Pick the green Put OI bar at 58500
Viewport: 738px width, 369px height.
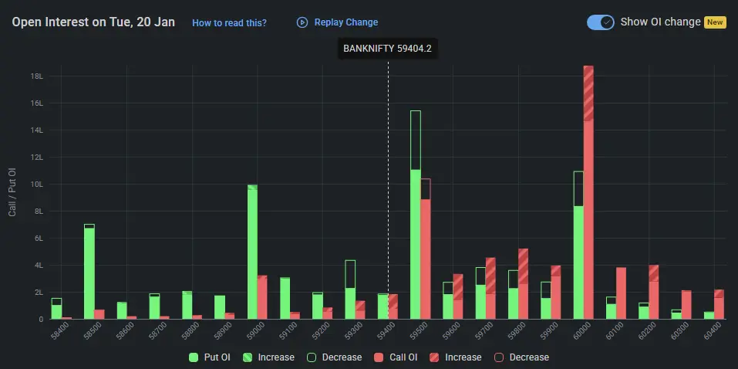click(89, 274)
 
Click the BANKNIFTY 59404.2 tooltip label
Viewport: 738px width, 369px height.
click(387, 49)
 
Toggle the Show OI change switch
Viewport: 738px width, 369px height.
click(600, 22)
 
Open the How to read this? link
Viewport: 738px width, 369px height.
click(229, 22)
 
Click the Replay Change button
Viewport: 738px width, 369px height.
click(338, 22)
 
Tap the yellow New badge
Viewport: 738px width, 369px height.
click(715, 22)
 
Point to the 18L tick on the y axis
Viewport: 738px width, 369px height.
click(36, 76)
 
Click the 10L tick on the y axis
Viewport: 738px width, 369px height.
click(36, 184)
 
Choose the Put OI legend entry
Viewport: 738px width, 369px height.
click(211, 357)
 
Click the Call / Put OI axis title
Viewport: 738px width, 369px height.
click(12, 191)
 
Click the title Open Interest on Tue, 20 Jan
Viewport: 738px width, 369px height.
click(93, 22)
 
